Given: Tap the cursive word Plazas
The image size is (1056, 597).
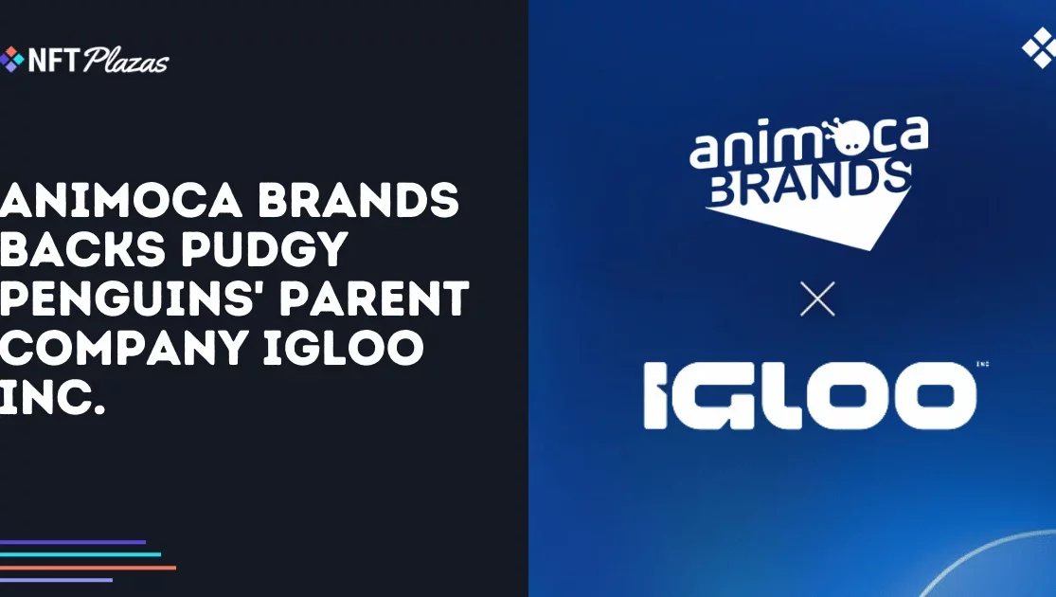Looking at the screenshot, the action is coord(126,61).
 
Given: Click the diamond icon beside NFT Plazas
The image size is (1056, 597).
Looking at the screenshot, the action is coord(11,60).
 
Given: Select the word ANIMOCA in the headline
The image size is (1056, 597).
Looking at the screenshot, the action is coord(121,200).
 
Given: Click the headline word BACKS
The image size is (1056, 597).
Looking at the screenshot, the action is coord(82,248).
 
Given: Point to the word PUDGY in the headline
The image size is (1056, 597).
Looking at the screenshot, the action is coord(264,248).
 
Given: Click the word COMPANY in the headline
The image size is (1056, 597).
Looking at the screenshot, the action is coord(125,347).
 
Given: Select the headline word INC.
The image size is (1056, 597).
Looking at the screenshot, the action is coord(52,396).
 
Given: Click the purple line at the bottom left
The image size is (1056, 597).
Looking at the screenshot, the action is coord(73,542).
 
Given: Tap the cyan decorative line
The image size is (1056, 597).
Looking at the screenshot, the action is coord(81,554).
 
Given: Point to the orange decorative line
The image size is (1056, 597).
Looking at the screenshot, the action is coord(87,568).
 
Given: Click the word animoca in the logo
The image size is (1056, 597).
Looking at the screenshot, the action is coord(809,141).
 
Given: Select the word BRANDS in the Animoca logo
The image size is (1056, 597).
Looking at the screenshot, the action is coord(809,183).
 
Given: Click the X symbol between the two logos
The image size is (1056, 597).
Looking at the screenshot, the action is coord(817,298).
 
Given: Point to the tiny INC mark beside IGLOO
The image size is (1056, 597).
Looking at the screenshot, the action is coord(982,365).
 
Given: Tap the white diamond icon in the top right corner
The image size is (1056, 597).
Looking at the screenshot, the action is coord(1039,47).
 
